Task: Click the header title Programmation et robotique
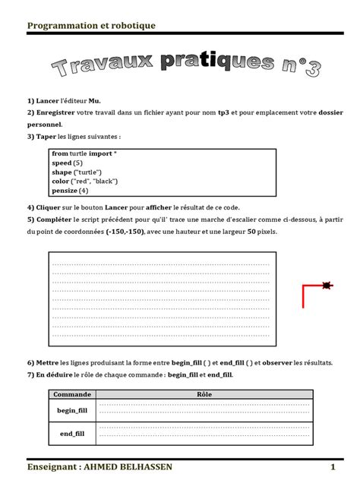[91, 26]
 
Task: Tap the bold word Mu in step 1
[94, 101]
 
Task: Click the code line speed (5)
[67, 163]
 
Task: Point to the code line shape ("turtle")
[77, 172]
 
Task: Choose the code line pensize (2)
[71, 191]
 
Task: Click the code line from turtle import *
[84, 154]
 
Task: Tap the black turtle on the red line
[327, 286]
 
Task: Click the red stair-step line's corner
[304, 286]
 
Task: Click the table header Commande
[73, 394]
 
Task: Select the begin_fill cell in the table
[73, 410]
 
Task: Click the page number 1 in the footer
[333, 466]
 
